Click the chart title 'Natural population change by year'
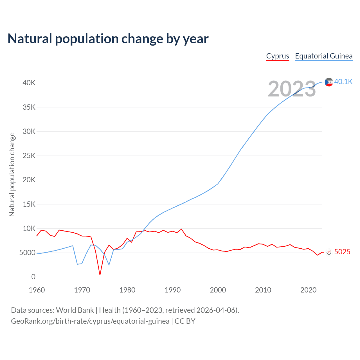tap(108, 39)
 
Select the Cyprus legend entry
tap(278, 56)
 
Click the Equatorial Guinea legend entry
tap(324, 56)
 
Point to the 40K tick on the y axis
tap(29, 83)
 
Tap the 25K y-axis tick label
tap(29, 156)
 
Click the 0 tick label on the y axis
tap(33, 277)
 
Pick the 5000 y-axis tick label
tap(28, 253)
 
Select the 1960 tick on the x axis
tap(37, 290)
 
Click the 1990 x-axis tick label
tap(173, 290)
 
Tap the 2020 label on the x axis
tap(309, 290)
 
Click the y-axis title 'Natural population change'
tap(12, 175)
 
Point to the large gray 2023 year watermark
tap(292, 89)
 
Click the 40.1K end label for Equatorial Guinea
tap(343, 82)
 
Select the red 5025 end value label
tap(342, 252)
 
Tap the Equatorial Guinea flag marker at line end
tap(329, 82)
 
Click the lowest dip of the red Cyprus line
tap(100, 275)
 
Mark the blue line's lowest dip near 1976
tap(109, 265)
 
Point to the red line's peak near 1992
tap(181, 229)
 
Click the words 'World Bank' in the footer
tap(75, 310)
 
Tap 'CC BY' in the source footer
tap(185, 321)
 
